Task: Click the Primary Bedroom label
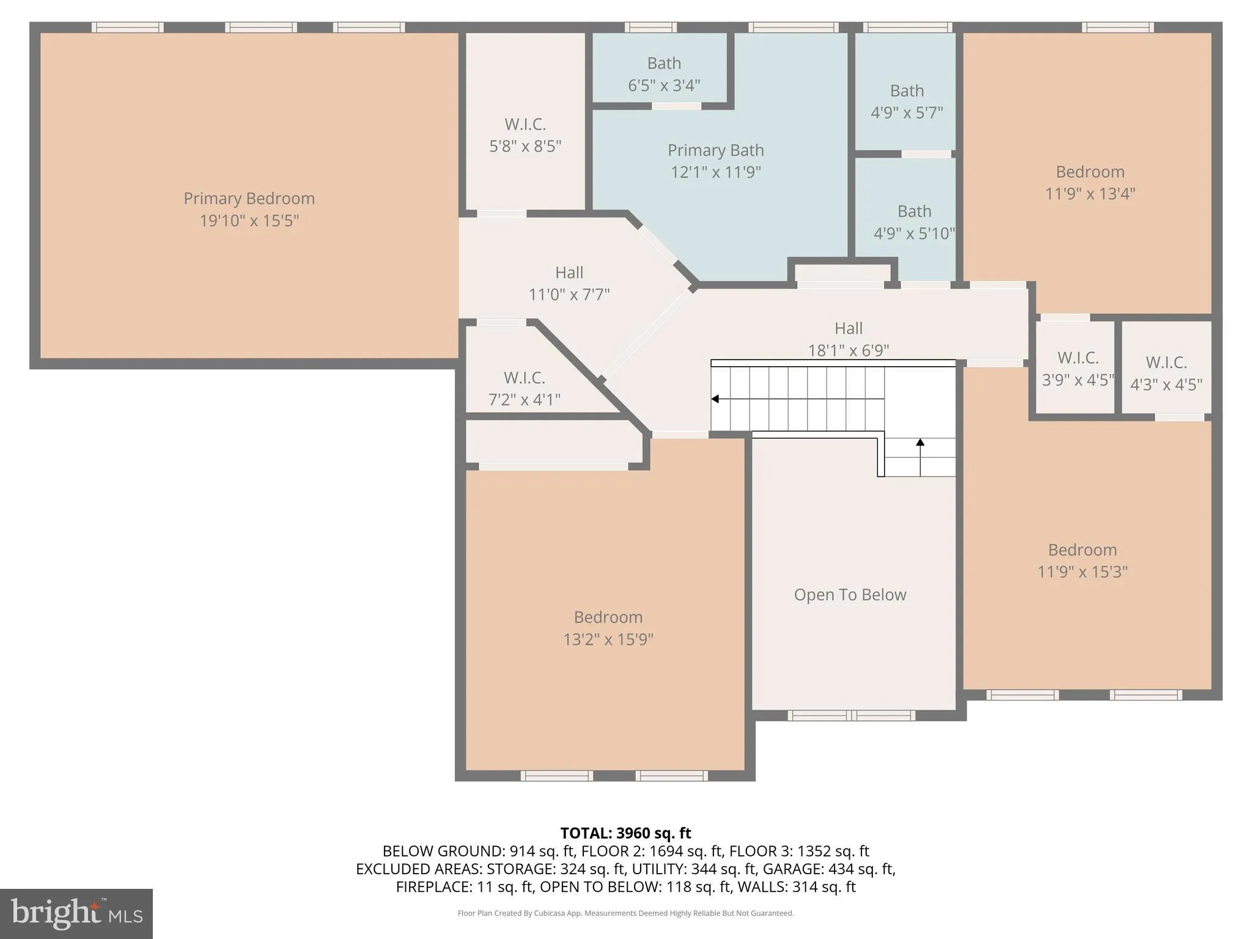pos(249,199)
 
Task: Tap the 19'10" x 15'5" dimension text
pos(249,221)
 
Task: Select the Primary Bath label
pos(715,150)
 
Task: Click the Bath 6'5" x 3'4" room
pos(664,74)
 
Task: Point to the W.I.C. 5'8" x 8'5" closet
pos(525,135)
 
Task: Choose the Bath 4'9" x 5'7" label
pos(907,101)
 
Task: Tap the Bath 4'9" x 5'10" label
pos(914,222)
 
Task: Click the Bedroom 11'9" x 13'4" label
pos(1089,182)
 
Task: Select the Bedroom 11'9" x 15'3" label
pos(1082,561)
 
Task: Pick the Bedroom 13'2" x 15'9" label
pos(608,628)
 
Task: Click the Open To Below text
pos(850,595)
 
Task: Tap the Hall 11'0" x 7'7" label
pos(569,283)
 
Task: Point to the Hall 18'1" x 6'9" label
pos(849,339)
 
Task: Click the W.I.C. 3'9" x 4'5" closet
pos(1078,368)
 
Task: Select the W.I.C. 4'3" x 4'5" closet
pos(1166,373)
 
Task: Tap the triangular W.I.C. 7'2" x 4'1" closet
pos(524,388)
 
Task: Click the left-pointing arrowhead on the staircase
pos(715,399)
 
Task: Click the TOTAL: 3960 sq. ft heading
pos(625,833)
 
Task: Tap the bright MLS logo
pos(76,914)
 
